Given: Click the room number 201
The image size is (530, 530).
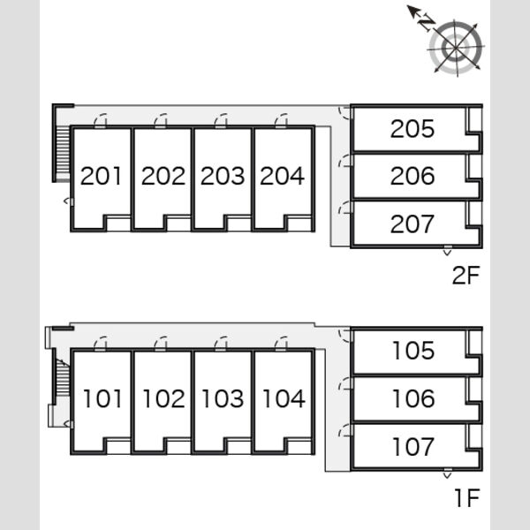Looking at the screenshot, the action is click(x=101, y=176).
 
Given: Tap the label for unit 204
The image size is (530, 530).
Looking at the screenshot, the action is click(x=283, y=176).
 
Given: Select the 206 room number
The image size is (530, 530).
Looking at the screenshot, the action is click(x=413, y=176).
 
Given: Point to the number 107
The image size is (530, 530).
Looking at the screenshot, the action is click(x=413, y=446).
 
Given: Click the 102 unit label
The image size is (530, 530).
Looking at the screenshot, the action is click(x=164, y=398).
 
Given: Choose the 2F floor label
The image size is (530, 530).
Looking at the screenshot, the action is click(x=466, y=275).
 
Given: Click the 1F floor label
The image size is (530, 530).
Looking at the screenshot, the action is click(x=467, y=498).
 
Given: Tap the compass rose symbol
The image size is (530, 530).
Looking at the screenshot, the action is click(x=455, y=48).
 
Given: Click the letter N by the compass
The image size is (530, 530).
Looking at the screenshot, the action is click(x=426, y=23).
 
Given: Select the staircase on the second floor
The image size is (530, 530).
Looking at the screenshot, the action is click(x=63, y=154).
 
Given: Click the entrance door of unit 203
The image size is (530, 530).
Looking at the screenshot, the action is click(x=221, y=121).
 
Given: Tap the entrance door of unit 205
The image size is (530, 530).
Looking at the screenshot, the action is click(x=345, y=112).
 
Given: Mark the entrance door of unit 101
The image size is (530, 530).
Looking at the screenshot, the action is click(x=100, y=344).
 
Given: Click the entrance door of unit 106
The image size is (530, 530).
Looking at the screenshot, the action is click(x=345, y=383).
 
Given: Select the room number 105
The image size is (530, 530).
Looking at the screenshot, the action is click(x=413, y=350).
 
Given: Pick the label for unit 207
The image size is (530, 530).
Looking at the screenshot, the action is click(x=412, y=223).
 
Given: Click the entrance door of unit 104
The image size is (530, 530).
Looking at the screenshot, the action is click(x=281, y=344).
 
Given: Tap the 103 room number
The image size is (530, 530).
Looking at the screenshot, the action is click(x=223, y=398).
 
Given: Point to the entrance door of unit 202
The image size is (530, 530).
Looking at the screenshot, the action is click(x=161, y=121).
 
